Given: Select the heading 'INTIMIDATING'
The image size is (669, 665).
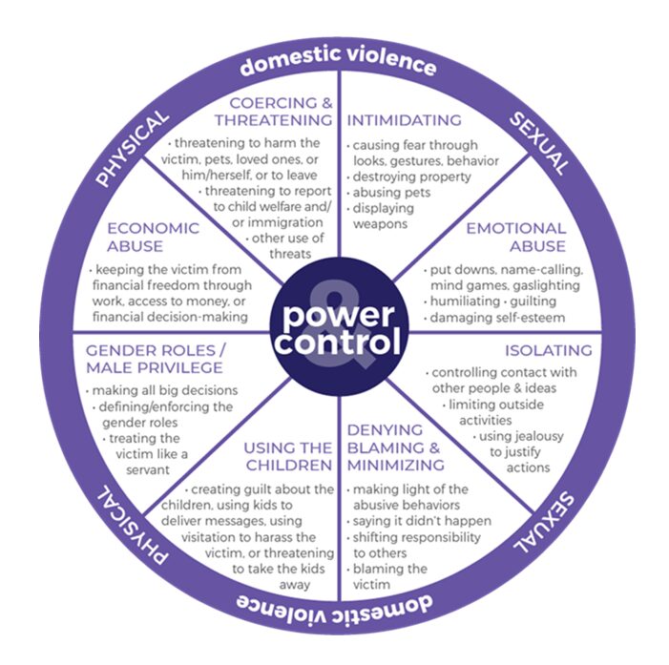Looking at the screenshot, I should click(x=404, y=121).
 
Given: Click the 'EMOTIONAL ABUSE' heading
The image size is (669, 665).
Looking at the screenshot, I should click(x=514, y=238).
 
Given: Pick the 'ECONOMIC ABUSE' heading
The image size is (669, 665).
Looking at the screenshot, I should click(x=154, y=238).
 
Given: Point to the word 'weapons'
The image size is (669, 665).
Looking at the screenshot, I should click(x=382, y=224).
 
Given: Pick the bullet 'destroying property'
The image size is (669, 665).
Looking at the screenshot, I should click(x=411, y=177).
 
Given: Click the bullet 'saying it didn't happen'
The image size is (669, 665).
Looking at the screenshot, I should click(x=421, y=521).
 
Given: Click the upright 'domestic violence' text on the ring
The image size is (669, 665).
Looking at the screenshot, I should click(x=338, y=66).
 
